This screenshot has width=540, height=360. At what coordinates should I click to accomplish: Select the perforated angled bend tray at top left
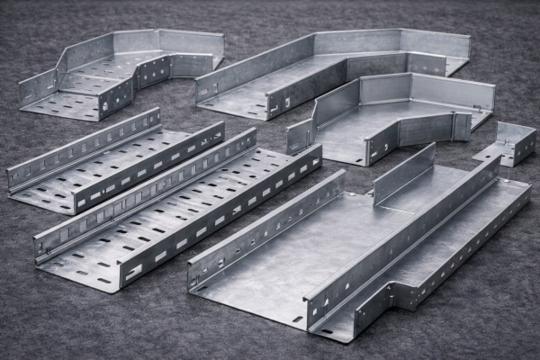(x=117, y=76)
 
